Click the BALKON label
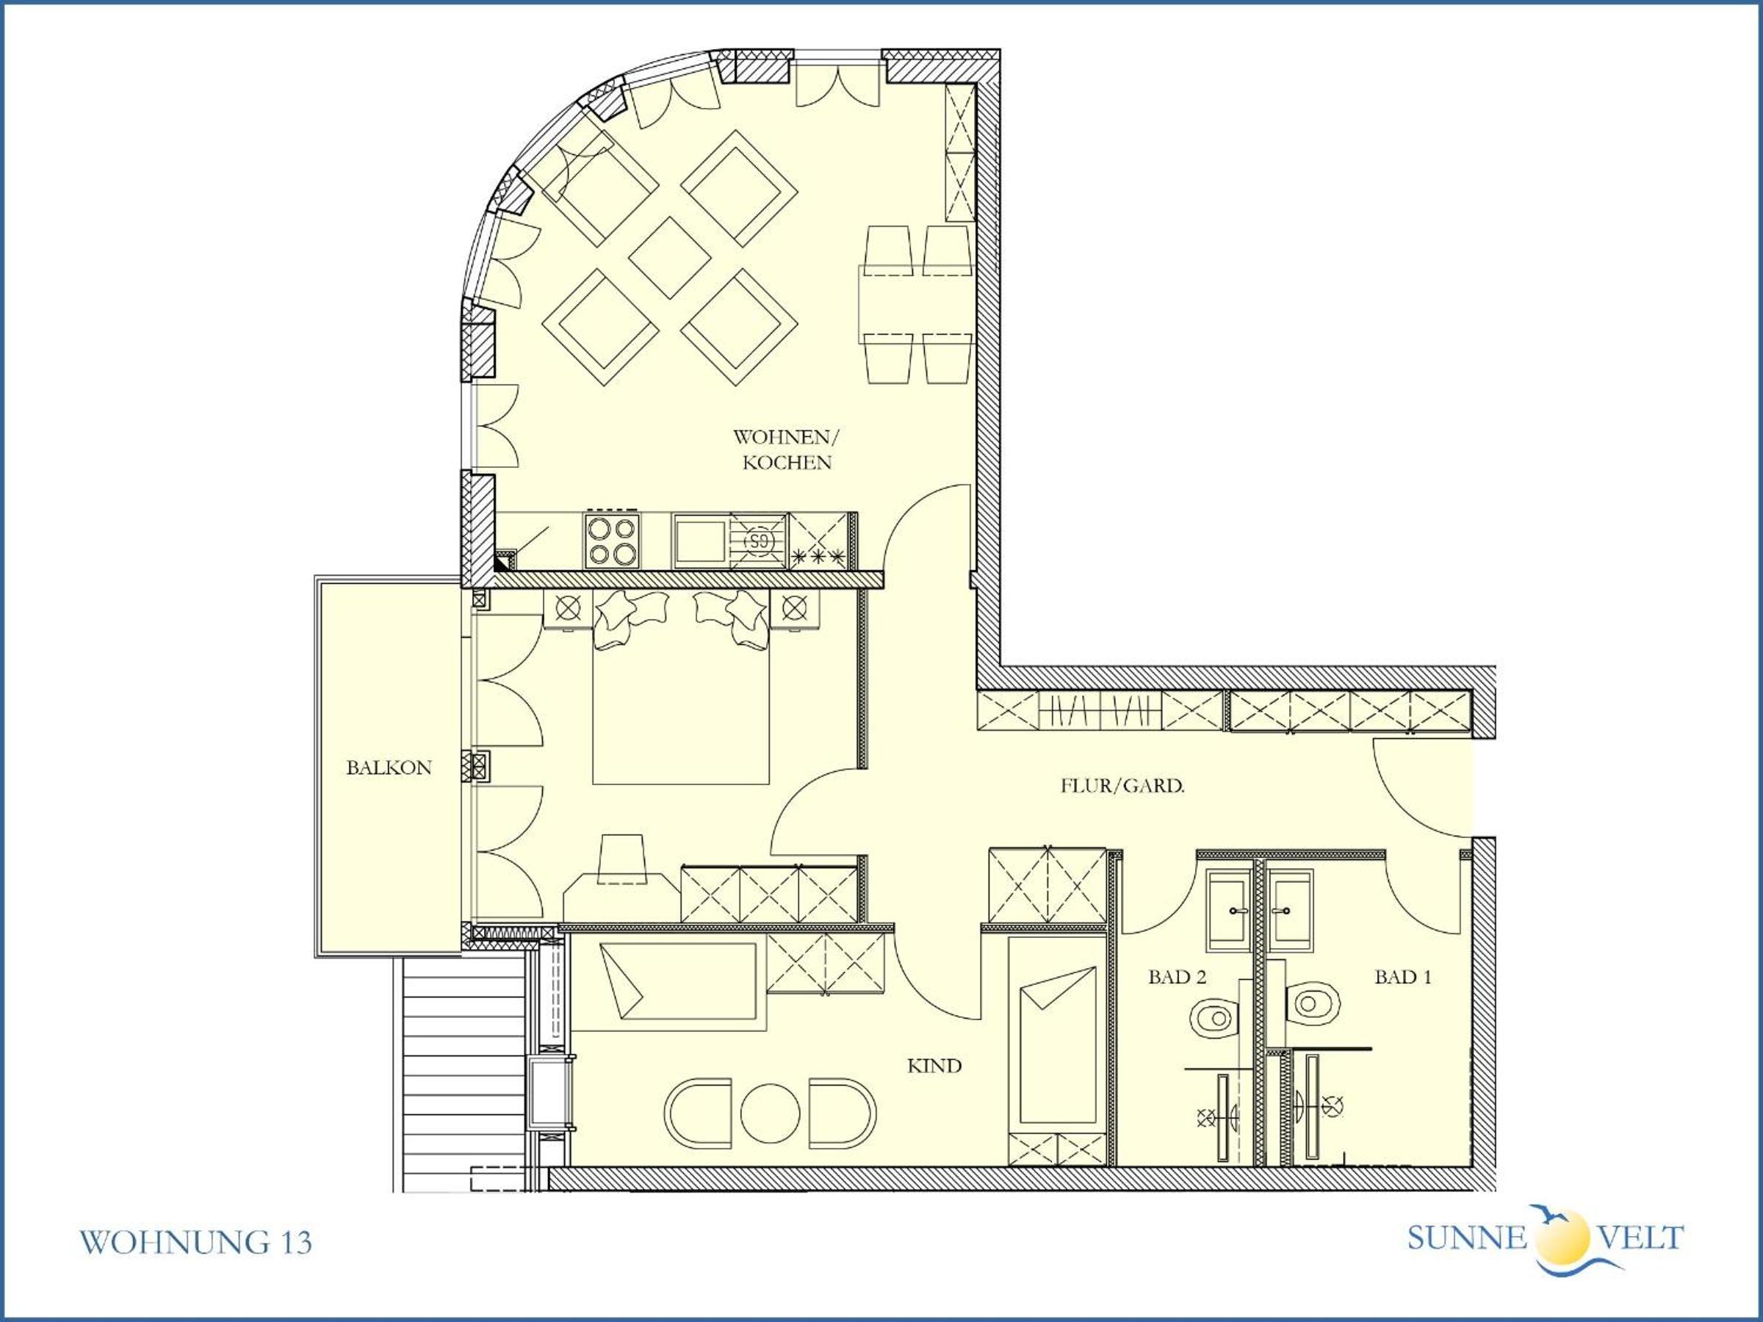coord(388,768)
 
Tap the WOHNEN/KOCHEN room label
coord(787,450)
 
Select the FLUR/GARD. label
coord(1122,786)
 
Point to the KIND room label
coord(934,1066)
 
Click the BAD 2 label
coord(1178,977)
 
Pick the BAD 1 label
coord(1403,977)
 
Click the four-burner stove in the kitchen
coord(612,541)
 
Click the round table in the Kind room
coord(770,1113)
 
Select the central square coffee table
coord(669,257)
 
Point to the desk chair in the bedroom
coord(621,860)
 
